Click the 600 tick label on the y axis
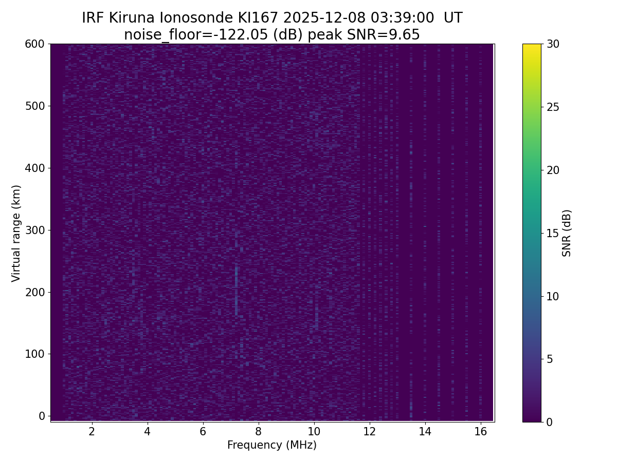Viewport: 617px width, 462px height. pyautogui.click(x=34, y=44)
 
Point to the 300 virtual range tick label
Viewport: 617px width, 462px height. pyautogui.click(x=34, y=230)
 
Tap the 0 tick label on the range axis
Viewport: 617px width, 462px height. pyautogui.click(x=42, y=416)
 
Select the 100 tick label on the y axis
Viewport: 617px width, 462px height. pyautogui.click(x=34, y=354)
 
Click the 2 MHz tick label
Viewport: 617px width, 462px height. pyautogui.click(x=92, y=431)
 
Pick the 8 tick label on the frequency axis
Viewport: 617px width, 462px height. pyautogui.click(x=258, y=431)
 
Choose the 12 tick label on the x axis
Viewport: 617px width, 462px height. pyautogui.click(x=369, y=431)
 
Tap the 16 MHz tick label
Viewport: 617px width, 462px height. pyautogui.click(x=480, y=431)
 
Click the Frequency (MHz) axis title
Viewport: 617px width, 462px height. pyautogui.click(x=272, y=445)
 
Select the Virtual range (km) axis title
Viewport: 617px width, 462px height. pyautogui.click(x=16, y=233)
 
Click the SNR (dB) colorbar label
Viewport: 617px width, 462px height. pyautogui.click(x=567, y=233)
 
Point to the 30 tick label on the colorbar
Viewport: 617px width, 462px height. pyautogui.click(x=553, y=44)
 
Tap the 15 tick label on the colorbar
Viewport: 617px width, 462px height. pyautogui.click(x=553, y=233)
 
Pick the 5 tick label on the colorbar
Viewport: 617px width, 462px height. pyautogui.click(x=549, y=359)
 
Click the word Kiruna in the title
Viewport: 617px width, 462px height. pyautogui.click(x=133, y=18)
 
